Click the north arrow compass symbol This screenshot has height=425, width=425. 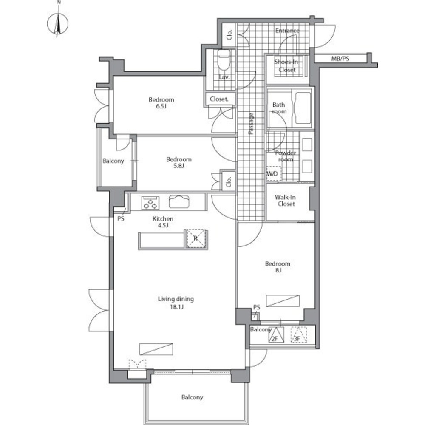click(58, 24)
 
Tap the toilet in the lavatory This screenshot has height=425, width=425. click(224, 60)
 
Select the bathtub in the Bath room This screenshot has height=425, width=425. click(303, 108)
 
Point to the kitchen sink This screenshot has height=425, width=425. click(179, 201)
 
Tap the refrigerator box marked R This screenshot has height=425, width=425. click(196, 238)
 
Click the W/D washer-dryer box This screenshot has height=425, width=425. click(274, 173)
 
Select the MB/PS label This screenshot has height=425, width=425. click(340, 59)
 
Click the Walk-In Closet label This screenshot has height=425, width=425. click(286, 201)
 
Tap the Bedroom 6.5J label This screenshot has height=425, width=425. click(161, 103)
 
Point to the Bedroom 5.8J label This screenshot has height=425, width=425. click(179, 163)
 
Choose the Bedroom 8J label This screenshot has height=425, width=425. click(278, 267)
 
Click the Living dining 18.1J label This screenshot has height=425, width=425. click(176, 303)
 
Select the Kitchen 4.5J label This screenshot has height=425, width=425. click(163, 222)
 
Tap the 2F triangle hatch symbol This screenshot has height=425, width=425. click(277, 335)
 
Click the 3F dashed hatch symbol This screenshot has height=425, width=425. click(299, 335)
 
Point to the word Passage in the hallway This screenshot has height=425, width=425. click(251, 124)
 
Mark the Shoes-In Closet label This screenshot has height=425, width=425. click(286, 66)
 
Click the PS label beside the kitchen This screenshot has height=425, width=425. click(121, 218)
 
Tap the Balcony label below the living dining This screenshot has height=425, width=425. click(192, 397)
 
